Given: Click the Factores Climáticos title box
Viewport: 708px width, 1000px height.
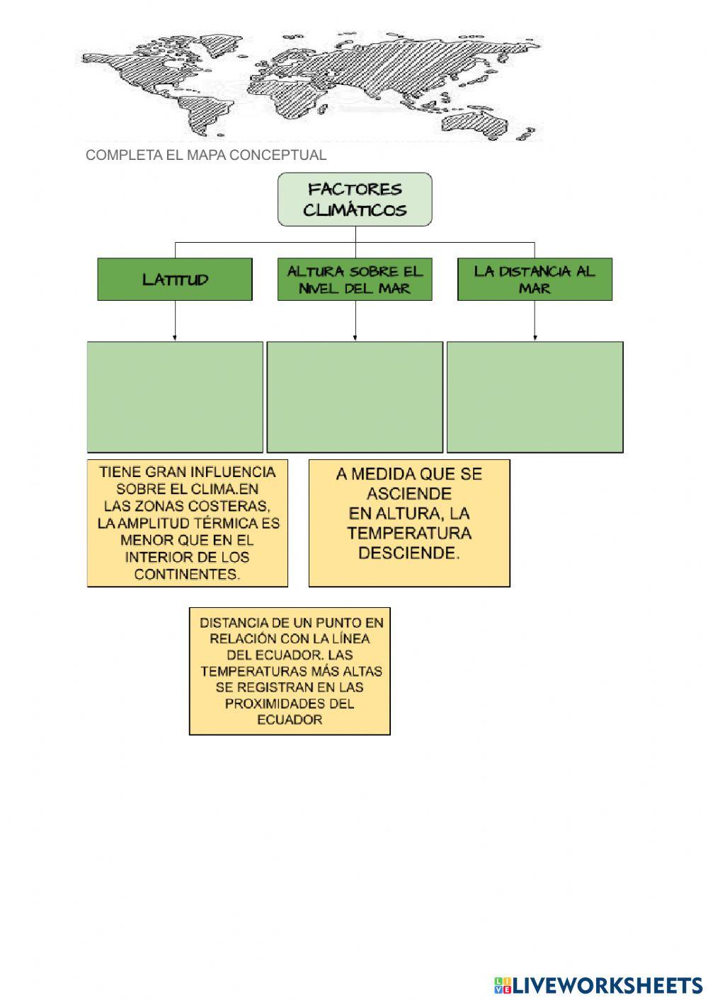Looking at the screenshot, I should (x=354, y=200).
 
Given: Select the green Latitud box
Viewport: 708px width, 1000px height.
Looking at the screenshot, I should (x=175, y=279).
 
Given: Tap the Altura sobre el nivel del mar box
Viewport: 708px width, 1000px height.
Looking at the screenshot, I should (x=354, y=279).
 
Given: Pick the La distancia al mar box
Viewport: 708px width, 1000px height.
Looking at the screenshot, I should (x=535, y=279).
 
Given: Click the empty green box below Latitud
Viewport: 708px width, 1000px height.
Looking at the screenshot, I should (x=175, y=396).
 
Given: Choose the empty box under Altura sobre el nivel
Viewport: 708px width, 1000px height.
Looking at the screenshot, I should (x=355, y=396).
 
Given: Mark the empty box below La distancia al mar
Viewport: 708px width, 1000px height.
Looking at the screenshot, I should (x=535, y=396).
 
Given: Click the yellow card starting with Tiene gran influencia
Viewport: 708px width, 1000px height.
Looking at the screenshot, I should (x=188, y=523).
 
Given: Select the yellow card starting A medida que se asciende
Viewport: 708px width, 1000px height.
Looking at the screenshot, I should (x=409, y=523).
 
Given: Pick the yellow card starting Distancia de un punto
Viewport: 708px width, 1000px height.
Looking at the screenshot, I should (x=290, y=670).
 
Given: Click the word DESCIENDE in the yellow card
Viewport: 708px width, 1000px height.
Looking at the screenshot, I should (x=409, y=553).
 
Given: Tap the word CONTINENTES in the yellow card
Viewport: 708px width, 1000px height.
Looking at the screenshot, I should (x=188, y=574).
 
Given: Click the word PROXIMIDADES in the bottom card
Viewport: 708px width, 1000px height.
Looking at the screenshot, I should (x=290, y=703).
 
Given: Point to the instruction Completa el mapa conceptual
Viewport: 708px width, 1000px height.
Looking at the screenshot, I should (x=206, y=155).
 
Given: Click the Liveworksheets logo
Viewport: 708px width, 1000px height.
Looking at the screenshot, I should (x=598, y=984).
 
